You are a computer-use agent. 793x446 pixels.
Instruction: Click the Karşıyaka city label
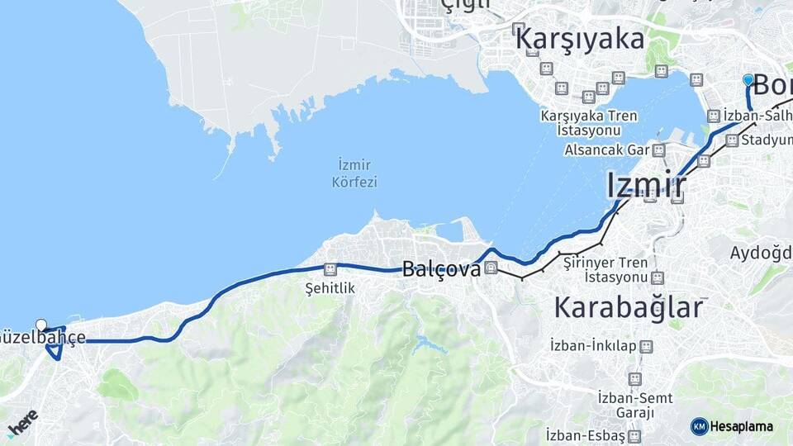(x=578, y=38)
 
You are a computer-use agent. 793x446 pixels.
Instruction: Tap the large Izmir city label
(x=647, y=185)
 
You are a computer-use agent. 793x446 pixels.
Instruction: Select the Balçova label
(x=441, y=269)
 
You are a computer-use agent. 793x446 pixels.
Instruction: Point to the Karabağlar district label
(x=628, y=307)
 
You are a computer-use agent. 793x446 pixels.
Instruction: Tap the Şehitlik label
(x=330, y=288)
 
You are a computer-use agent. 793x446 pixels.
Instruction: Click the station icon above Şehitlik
(x=330, y=269)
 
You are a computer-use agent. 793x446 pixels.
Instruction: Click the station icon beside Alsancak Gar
(x=658, y=150)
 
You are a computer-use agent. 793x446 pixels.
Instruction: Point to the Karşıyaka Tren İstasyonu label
(x=589, y=123)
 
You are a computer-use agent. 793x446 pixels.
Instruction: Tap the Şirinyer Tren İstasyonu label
(x=604, y=268)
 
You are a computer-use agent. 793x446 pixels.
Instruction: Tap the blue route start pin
(x=748, y=80)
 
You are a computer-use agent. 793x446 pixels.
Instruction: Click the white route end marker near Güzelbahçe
(x=41, y=325)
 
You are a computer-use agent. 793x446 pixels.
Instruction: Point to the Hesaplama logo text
(x=742, y=426)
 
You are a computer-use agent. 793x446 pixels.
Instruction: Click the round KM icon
(x=700, y=426)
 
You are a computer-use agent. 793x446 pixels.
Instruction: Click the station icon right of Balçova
(x=491, y=268)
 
